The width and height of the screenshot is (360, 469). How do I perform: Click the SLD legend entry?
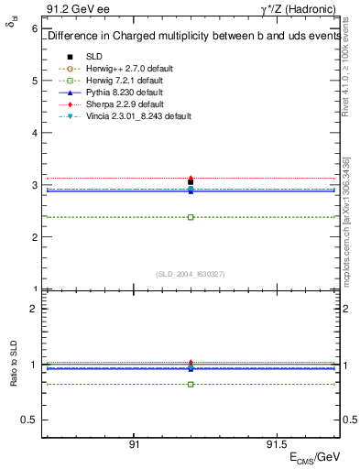[94, 56]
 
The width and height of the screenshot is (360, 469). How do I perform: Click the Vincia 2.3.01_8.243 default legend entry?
[138, 116]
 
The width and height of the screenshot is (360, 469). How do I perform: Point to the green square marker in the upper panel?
[191, 217]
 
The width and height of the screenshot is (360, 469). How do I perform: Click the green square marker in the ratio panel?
[191, 384]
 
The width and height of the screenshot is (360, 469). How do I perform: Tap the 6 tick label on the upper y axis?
[34, 28]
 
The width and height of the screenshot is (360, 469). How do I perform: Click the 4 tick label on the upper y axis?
[34, 133]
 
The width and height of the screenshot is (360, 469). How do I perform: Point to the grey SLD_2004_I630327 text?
[191, 273]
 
